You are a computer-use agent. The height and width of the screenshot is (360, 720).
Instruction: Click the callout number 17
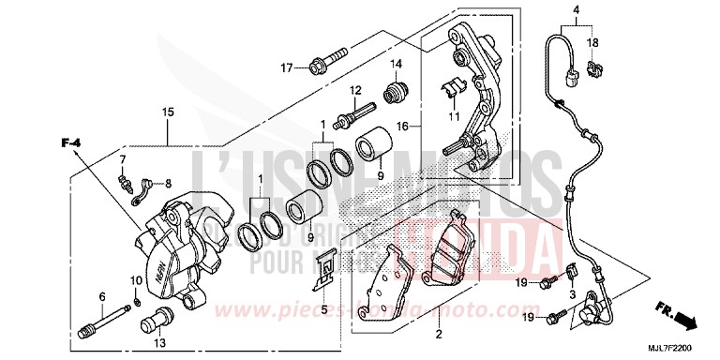click(x=288, y=67)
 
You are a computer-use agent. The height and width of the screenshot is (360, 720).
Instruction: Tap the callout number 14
click(x=396, y=64)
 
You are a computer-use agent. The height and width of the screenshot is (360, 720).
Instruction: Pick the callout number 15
click(x=168, y=112)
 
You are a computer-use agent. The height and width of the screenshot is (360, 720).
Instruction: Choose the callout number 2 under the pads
click(x=437, y=333)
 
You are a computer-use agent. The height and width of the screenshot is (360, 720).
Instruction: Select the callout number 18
click(x=592, y=44)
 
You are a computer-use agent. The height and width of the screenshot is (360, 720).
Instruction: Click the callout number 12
click(x=355, y=90)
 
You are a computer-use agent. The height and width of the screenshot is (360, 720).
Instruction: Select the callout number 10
click(x=135, y=280)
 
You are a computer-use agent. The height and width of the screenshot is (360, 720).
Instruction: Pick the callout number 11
click(x=454, y=115)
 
